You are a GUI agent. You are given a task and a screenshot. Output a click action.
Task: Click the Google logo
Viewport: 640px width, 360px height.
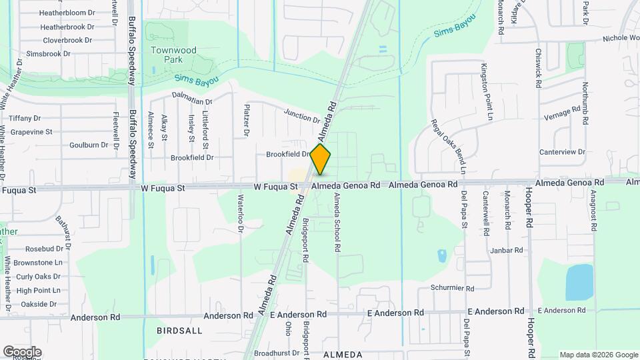click(x=22, y=351)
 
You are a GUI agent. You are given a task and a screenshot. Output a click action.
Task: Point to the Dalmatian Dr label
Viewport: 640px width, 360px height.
click(x=191, y=97)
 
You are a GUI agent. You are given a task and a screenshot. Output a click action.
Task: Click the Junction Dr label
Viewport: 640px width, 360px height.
click(x=302, y=115)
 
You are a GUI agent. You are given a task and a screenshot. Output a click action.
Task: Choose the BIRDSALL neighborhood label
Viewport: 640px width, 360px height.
click(x=179, y=331)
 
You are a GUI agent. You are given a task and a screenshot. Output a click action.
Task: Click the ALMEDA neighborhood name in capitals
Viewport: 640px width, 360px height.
click(x=343, y=355)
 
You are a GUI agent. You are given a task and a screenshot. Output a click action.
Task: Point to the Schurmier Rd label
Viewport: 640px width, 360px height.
click(x=451, y=289)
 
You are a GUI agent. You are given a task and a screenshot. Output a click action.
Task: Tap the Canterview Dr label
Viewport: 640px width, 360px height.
click(x=562, y=152)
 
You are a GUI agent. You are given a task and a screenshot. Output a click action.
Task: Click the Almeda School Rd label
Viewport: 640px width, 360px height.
click(x=337, y=223)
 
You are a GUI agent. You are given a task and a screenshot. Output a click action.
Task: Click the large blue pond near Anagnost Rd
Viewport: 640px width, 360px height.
click(x=579, y=282)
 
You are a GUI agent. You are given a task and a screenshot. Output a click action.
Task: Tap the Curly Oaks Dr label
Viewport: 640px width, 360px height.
click(x=39, y=277)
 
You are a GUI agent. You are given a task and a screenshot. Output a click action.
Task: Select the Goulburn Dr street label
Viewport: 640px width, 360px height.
click(x=89, y=145)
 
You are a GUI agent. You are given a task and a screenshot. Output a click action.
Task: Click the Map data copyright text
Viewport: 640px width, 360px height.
click(x=598, y=355)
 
